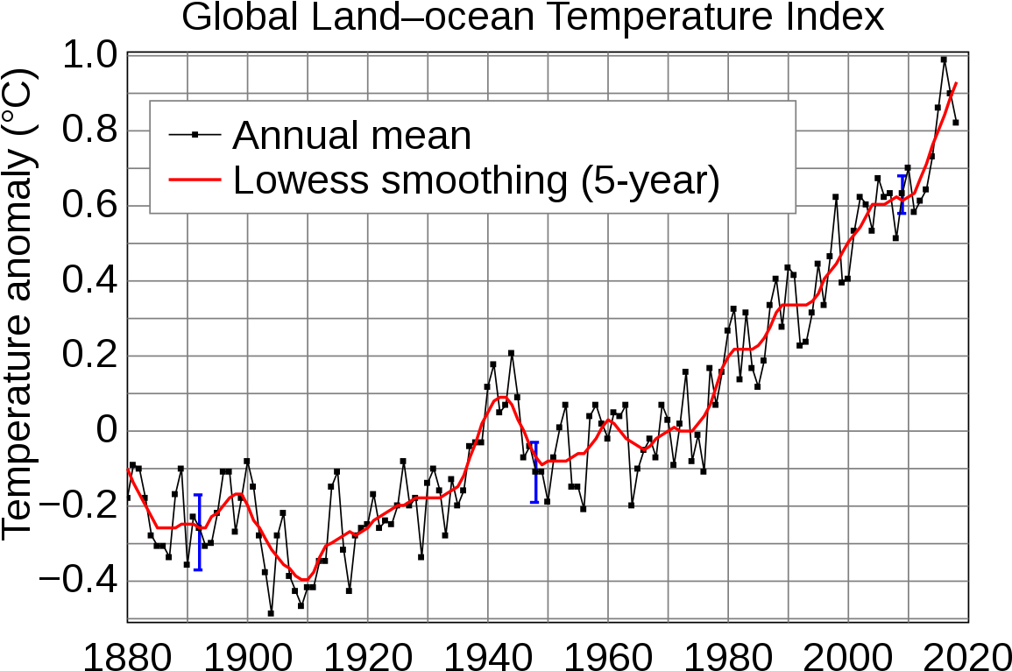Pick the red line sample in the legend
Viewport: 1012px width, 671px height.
click(x=195, y=180)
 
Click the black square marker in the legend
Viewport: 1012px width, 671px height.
click(x=195, y=134)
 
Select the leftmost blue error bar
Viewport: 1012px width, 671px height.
click(x=198, y=532)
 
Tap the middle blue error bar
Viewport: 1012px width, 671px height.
click(x=534, y=472)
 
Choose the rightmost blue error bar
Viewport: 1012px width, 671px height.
click(x=902, y=194)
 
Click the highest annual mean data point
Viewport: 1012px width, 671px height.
click(x=944, y=60)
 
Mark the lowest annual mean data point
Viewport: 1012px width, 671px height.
click(x=271, y=613)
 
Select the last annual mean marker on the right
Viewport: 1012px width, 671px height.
click(x=956, y=123)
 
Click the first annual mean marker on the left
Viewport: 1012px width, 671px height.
click(x=128, y=498)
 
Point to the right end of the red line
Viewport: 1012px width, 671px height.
click(x=956, y=83)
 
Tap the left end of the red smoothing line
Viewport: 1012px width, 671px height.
click(x=128, y=470)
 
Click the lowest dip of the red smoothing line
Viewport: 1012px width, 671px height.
click(x=303, y=580)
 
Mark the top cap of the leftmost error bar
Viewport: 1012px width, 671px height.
click(x=198, y=495)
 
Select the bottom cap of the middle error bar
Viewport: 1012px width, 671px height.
click(x=534, y=502)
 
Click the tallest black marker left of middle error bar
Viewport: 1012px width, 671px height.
click(x=511, y=353)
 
